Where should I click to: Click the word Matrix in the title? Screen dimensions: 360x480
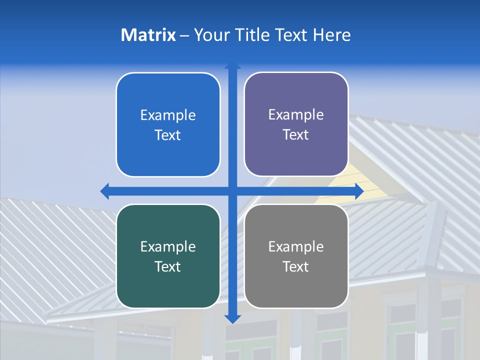(x=148, y=35)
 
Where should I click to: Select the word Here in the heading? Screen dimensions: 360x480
(x=331, y=35)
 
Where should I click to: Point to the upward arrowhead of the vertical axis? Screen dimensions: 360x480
(x=232, y=66)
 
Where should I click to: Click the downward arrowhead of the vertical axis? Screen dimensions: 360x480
(x=232, y=318)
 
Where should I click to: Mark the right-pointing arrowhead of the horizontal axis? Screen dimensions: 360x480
(x=358, y=191)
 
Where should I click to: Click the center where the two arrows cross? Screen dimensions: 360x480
(x=232, y=191)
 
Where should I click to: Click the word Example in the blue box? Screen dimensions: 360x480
(x=168, y=115)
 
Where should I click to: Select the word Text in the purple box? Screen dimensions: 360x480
(x=296, y=135)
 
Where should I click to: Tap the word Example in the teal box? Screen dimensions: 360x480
(x=168, y=247)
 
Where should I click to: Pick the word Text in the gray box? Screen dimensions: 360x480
(x=296, y=267)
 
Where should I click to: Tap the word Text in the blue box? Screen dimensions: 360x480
(x=168, y=135)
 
